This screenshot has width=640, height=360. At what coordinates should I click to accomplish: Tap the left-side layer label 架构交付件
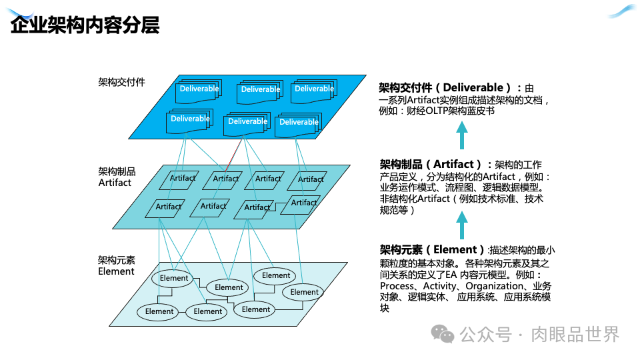121,82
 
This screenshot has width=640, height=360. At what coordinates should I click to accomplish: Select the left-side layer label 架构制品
117,171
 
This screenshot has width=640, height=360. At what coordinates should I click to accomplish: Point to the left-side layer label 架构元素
117,260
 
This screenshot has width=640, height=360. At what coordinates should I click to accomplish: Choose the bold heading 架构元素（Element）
432,250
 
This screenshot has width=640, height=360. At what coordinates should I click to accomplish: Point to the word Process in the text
397,286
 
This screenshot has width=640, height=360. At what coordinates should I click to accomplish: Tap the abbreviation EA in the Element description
452,274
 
